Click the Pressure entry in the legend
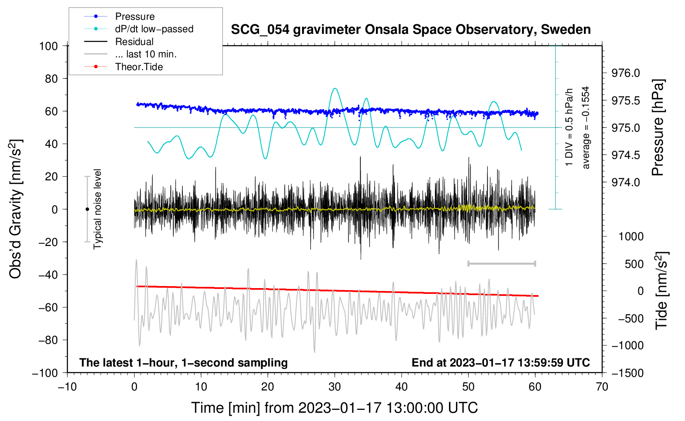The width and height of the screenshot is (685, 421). (x=135, y=16)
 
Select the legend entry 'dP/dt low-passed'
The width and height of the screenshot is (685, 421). (x=154, y=29)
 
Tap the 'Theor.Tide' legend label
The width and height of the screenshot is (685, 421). (x=139, y=67)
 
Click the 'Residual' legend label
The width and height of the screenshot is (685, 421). (x=134, y=42)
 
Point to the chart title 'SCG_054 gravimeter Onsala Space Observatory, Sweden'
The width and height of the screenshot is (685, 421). (x=411, y=30)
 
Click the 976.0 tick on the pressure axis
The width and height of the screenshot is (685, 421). (x=626, y=73)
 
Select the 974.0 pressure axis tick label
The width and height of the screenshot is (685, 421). (x=626, y=182)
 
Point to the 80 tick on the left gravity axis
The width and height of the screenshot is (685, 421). (x=51, y=79)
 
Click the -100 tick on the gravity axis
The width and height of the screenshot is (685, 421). (x=45, y=373)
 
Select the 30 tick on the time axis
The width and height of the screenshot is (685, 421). (x=335, y=387)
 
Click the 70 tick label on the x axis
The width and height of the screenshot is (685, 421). (x=602, y=387)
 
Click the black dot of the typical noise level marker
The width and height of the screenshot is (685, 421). (x=87, y=209)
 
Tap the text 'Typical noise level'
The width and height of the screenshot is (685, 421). (x=97, y=209)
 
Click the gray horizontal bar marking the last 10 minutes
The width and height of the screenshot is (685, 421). (x=501, y=263)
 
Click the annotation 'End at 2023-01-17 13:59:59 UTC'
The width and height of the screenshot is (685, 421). (x=501, y=362)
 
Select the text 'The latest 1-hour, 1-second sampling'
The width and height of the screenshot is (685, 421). (x=184, y=362)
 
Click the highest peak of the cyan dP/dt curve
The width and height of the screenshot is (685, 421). (x=335, y=88)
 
